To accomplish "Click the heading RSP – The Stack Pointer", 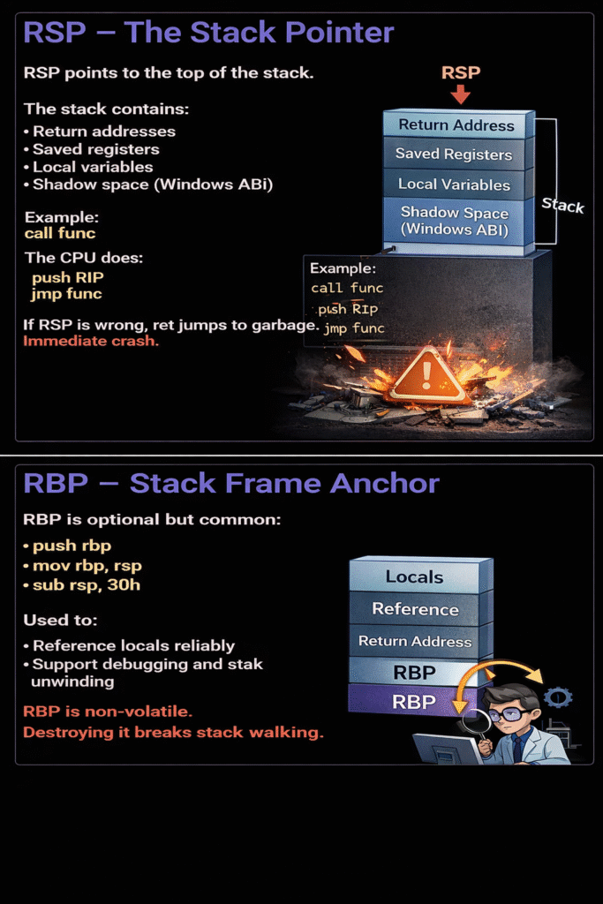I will [x=208, y=34].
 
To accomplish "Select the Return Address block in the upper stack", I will [x=456, y=124].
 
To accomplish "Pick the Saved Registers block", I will [x=454, y=154].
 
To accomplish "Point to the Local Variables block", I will [x=454, y=185].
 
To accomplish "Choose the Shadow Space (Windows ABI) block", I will [x=454, y=221].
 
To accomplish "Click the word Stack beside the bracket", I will [x=562, y=206].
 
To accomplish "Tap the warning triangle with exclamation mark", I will [x=428, y=375].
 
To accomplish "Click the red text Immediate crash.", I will [x=91, y=341].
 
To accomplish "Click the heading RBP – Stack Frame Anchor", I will [x=231, y=484].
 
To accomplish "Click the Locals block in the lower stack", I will [x=415, y=577].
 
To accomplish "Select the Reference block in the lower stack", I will [x=415, y=609].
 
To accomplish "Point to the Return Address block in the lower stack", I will [x=415, y=642].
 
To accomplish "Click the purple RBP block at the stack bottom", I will [x=413, y=702].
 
